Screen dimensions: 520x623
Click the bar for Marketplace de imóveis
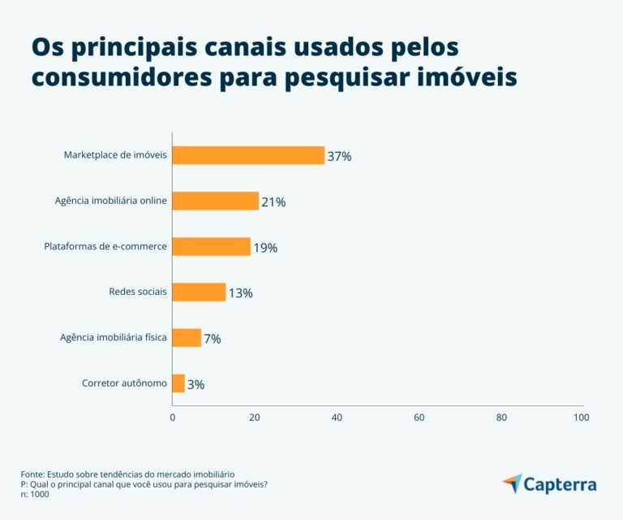point(248,155)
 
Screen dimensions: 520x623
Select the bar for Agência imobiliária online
point(216,201)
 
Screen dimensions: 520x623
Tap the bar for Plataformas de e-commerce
point(212,246)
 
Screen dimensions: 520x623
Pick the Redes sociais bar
point(199,292)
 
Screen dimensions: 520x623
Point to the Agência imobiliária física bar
point(187,337)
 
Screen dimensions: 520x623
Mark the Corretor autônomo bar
point(178,383)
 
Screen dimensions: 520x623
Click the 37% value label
point(339,156)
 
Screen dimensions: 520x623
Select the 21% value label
point(273,201)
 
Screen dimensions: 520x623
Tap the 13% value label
point(240,292)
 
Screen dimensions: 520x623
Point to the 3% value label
point(195,384)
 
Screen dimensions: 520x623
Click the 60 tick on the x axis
point(419,418)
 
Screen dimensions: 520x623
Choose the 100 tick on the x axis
point(581,418)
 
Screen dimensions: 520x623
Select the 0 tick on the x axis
point(172,418)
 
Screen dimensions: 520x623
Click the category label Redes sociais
point(138,292)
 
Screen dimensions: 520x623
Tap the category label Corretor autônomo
point(124,383)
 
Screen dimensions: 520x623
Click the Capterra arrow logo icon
point(512,483)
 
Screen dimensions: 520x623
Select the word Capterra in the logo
point(560,485)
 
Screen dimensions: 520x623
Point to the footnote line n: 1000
point(35,495)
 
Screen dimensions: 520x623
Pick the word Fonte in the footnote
point(32,474)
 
